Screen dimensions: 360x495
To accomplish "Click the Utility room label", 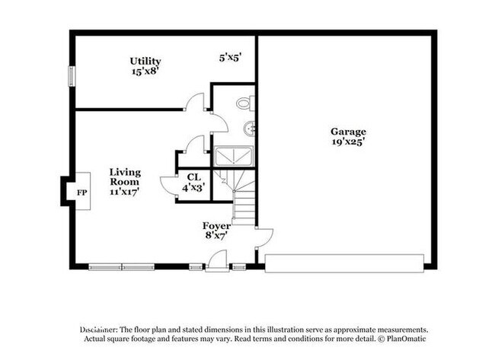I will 145,61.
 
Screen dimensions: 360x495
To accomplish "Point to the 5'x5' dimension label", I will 229,57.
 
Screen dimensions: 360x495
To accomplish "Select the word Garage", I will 348,131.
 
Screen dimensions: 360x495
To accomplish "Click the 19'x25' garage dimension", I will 348,142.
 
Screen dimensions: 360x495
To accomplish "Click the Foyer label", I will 216,225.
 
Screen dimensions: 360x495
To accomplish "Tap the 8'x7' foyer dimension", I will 216,236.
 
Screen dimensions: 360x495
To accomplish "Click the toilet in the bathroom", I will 244,103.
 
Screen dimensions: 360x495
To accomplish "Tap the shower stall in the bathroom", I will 235,157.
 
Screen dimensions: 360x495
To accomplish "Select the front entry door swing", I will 216,260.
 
